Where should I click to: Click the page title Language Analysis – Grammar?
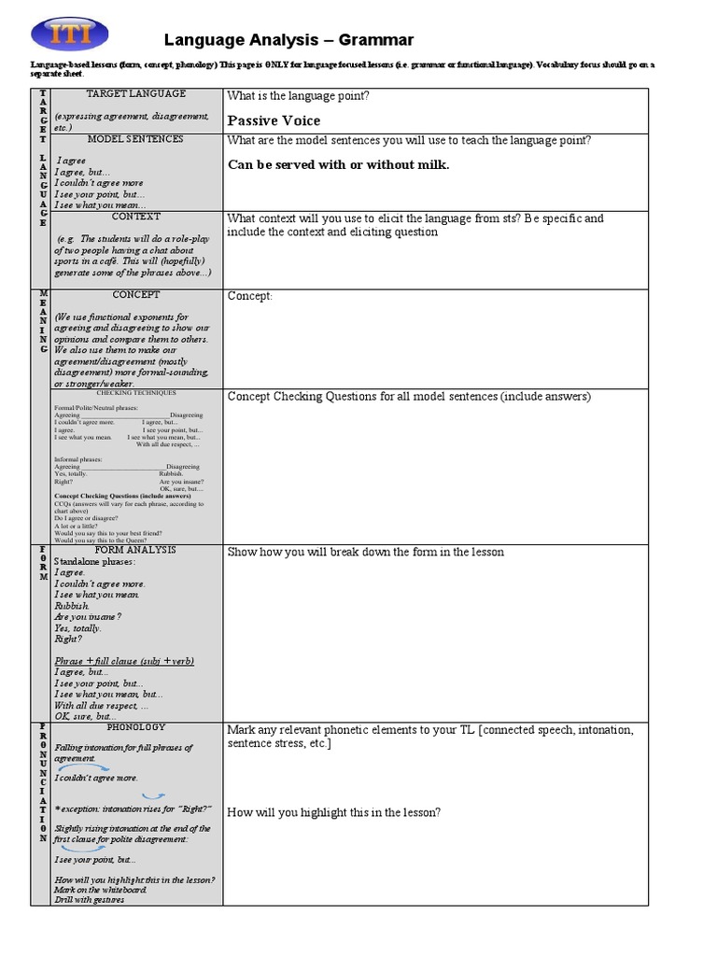point(288,39)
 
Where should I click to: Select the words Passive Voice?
point(274,120)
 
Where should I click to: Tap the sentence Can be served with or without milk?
point(338,165)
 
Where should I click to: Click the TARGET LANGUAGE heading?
point(135,94)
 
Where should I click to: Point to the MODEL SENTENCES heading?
point(135,139)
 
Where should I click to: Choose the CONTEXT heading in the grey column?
point(136,216)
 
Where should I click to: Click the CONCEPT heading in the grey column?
point(136,295)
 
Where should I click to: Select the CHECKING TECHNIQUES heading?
point(135,394)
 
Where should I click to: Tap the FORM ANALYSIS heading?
point(135,550)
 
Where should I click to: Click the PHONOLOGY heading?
point(136,727)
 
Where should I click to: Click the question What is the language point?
point(298,96)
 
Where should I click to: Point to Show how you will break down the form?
point(366,552)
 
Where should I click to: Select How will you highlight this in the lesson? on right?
point(334,812)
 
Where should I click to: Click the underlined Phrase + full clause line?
point(124,661)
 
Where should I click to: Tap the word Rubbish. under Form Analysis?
point(72,606)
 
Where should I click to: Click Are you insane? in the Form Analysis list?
point(88,617)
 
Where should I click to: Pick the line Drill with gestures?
point(89,899)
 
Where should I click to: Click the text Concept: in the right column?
point(249,296)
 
